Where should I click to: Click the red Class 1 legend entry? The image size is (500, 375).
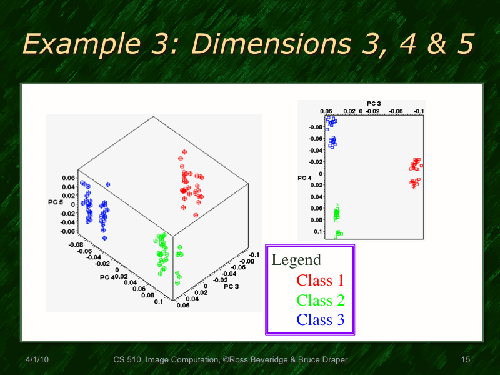click(x=320, y=281)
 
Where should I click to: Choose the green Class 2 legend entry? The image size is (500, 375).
click(x=320, y=301)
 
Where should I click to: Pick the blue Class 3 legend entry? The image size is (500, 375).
click(x=320, y=320)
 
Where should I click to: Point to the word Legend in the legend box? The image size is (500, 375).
click(x=296, y=260)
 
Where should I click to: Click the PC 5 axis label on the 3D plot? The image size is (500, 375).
click(x=56, y=202)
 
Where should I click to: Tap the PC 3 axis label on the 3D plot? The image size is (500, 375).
click(x=231, y=286)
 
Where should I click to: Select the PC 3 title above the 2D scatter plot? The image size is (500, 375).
click(x=374, y=103)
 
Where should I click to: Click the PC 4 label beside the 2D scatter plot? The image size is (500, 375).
click(x=304, y=179)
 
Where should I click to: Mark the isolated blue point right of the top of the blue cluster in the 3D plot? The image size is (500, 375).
click(x=108, y=184)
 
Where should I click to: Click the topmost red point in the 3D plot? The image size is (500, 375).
click(x=184, y=151)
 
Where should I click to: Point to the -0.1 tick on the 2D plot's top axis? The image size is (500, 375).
click(x=419, y=111)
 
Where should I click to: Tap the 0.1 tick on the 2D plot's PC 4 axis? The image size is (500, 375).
click(x=318, y=232)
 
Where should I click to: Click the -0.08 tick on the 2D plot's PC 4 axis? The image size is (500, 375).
click(x=316, y=127)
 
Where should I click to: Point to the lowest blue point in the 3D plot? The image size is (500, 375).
click(x=104, y=237)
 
